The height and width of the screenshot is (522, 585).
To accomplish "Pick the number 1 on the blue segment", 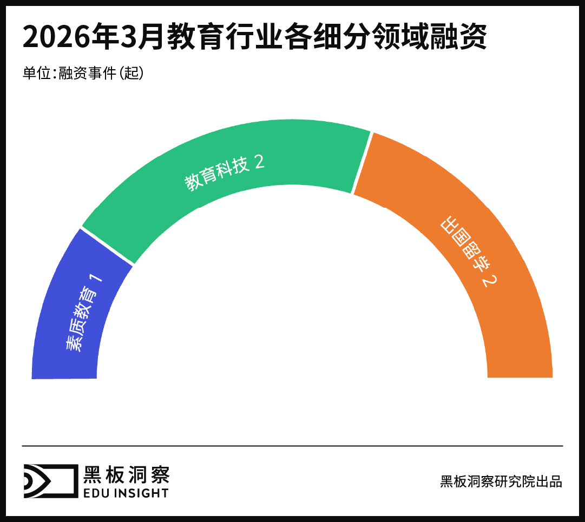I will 97,279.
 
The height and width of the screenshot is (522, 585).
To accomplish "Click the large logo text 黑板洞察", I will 127,474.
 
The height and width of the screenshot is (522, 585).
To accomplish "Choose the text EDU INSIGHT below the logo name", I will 126,493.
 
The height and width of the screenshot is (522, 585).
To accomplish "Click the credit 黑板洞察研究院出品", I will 501,481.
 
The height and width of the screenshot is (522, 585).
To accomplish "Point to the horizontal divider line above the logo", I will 292,446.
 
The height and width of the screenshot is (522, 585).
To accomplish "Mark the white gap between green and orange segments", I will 362,162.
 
